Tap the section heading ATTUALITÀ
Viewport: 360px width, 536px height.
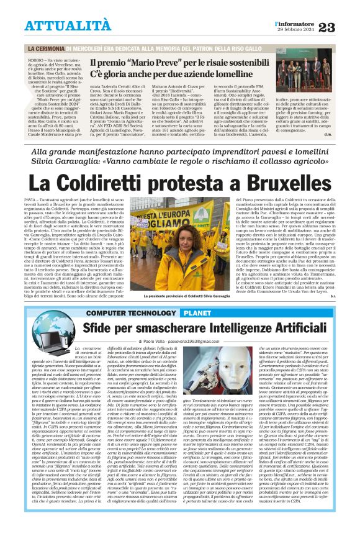60,25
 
